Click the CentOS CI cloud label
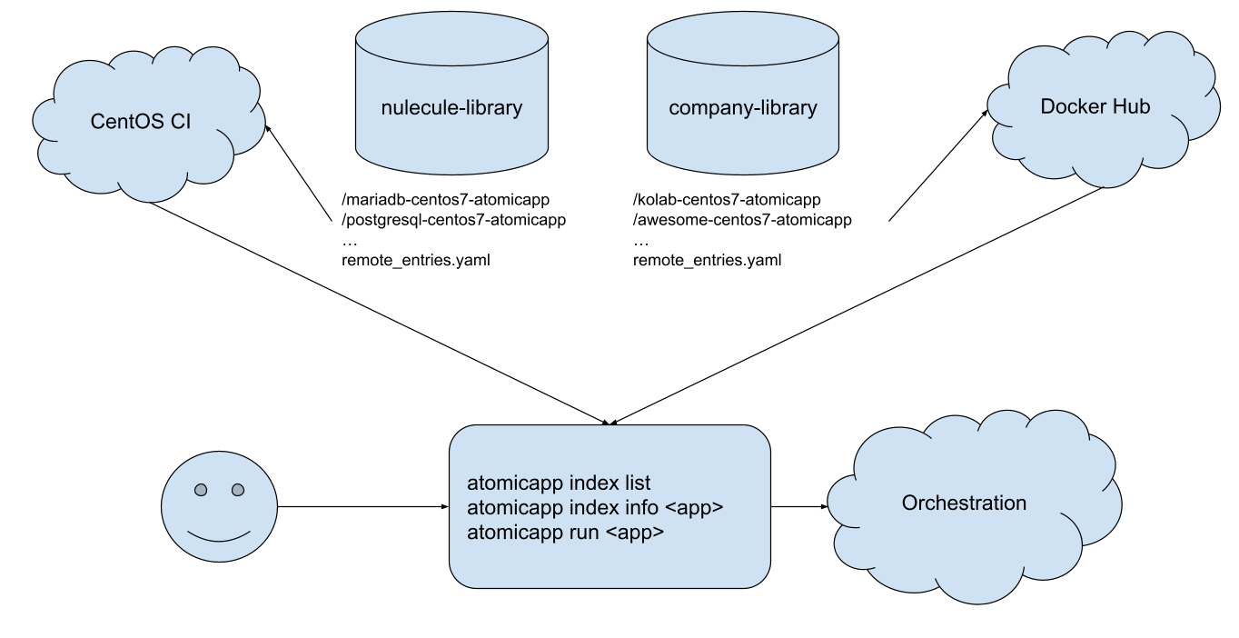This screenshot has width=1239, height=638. tap(141, 122)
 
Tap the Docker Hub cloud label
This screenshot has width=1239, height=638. tap(1095, 106)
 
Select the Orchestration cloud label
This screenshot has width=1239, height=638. tap(964, 503)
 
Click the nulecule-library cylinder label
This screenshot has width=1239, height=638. tap(451, 108)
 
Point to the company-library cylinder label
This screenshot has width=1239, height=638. tap(743, 108)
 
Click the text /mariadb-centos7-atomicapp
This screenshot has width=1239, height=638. tap(446, 199)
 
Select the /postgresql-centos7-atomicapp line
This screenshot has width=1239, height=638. tap(453, 220)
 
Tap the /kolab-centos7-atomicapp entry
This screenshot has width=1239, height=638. tap(727, 199)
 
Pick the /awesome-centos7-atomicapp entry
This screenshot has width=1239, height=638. tap(742, 220)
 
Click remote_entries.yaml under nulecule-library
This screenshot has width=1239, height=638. tap(416, 260)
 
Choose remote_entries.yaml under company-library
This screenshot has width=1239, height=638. tap(708, 260)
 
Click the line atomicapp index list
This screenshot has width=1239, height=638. tap(559, 483)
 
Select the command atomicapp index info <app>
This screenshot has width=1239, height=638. tap(595, 507)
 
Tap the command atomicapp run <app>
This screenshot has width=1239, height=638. tap(565, 533)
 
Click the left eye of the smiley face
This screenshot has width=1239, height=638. tap(201, 490)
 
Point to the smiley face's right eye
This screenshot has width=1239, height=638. tap(238, 490)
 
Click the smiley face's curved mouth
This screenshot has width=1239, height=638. tap(219, 538)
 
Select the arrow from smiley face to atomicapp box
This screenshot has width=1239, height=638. tap(362, 506)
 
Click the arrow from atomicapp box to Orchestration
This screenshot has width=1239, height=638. tap(799, 506)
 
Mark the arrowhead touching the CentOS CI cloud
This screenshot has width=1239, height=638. tap(268, 128)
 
